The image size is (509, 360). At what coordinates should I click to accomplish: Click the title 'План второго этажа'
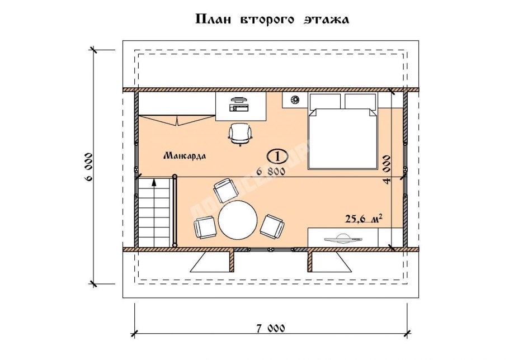(x=272, y=20)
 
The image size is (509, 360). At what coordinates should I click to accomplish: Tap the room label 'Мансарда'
(x=185, y=156)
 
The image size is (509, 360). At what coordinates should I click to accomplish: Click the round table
(x=238, y=220)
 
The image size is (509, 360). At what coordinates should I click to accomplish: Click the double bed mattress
(x=342, y=140)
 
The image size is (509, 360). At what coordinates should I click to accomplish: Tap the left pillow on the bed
(x=325, y=101)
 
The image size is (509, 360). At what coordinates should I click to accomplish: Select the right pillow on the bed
(x=361, y=101)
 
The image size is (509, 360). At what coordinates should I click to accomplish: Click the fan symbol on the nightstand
(x=295, y=100)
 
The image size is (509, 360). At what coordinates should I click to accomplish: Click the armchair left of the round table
(x=205, y=227)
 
